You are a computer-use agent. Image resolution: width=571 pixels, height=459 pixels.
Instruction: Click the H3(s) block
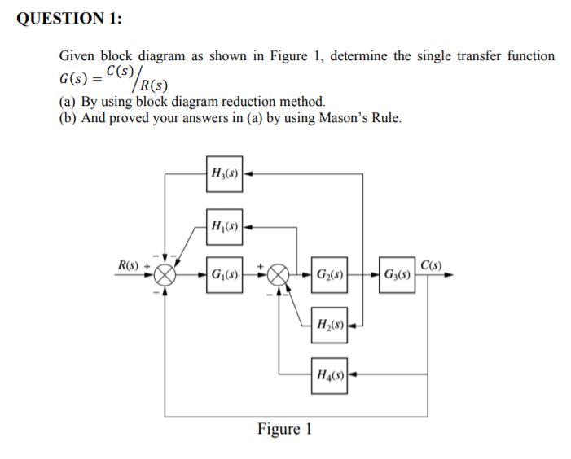tap(224, 174)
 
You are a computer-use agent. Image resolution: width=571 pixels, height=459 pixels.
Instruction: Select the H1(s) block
tap(224, 225)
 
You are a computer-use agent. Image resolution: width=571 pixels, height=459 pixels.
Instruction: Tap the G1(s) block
tap(224, 274)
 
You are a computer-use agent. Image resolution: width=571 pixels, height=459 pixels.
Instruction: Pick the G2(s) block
tap(329, 274)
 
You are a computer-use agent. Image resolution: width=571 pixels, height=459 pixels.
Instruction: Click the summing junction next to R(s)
tap(166, 275)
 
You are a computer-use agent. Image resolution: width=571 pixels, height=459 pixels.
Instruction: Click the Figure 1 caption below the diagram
tap(284, 429)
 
